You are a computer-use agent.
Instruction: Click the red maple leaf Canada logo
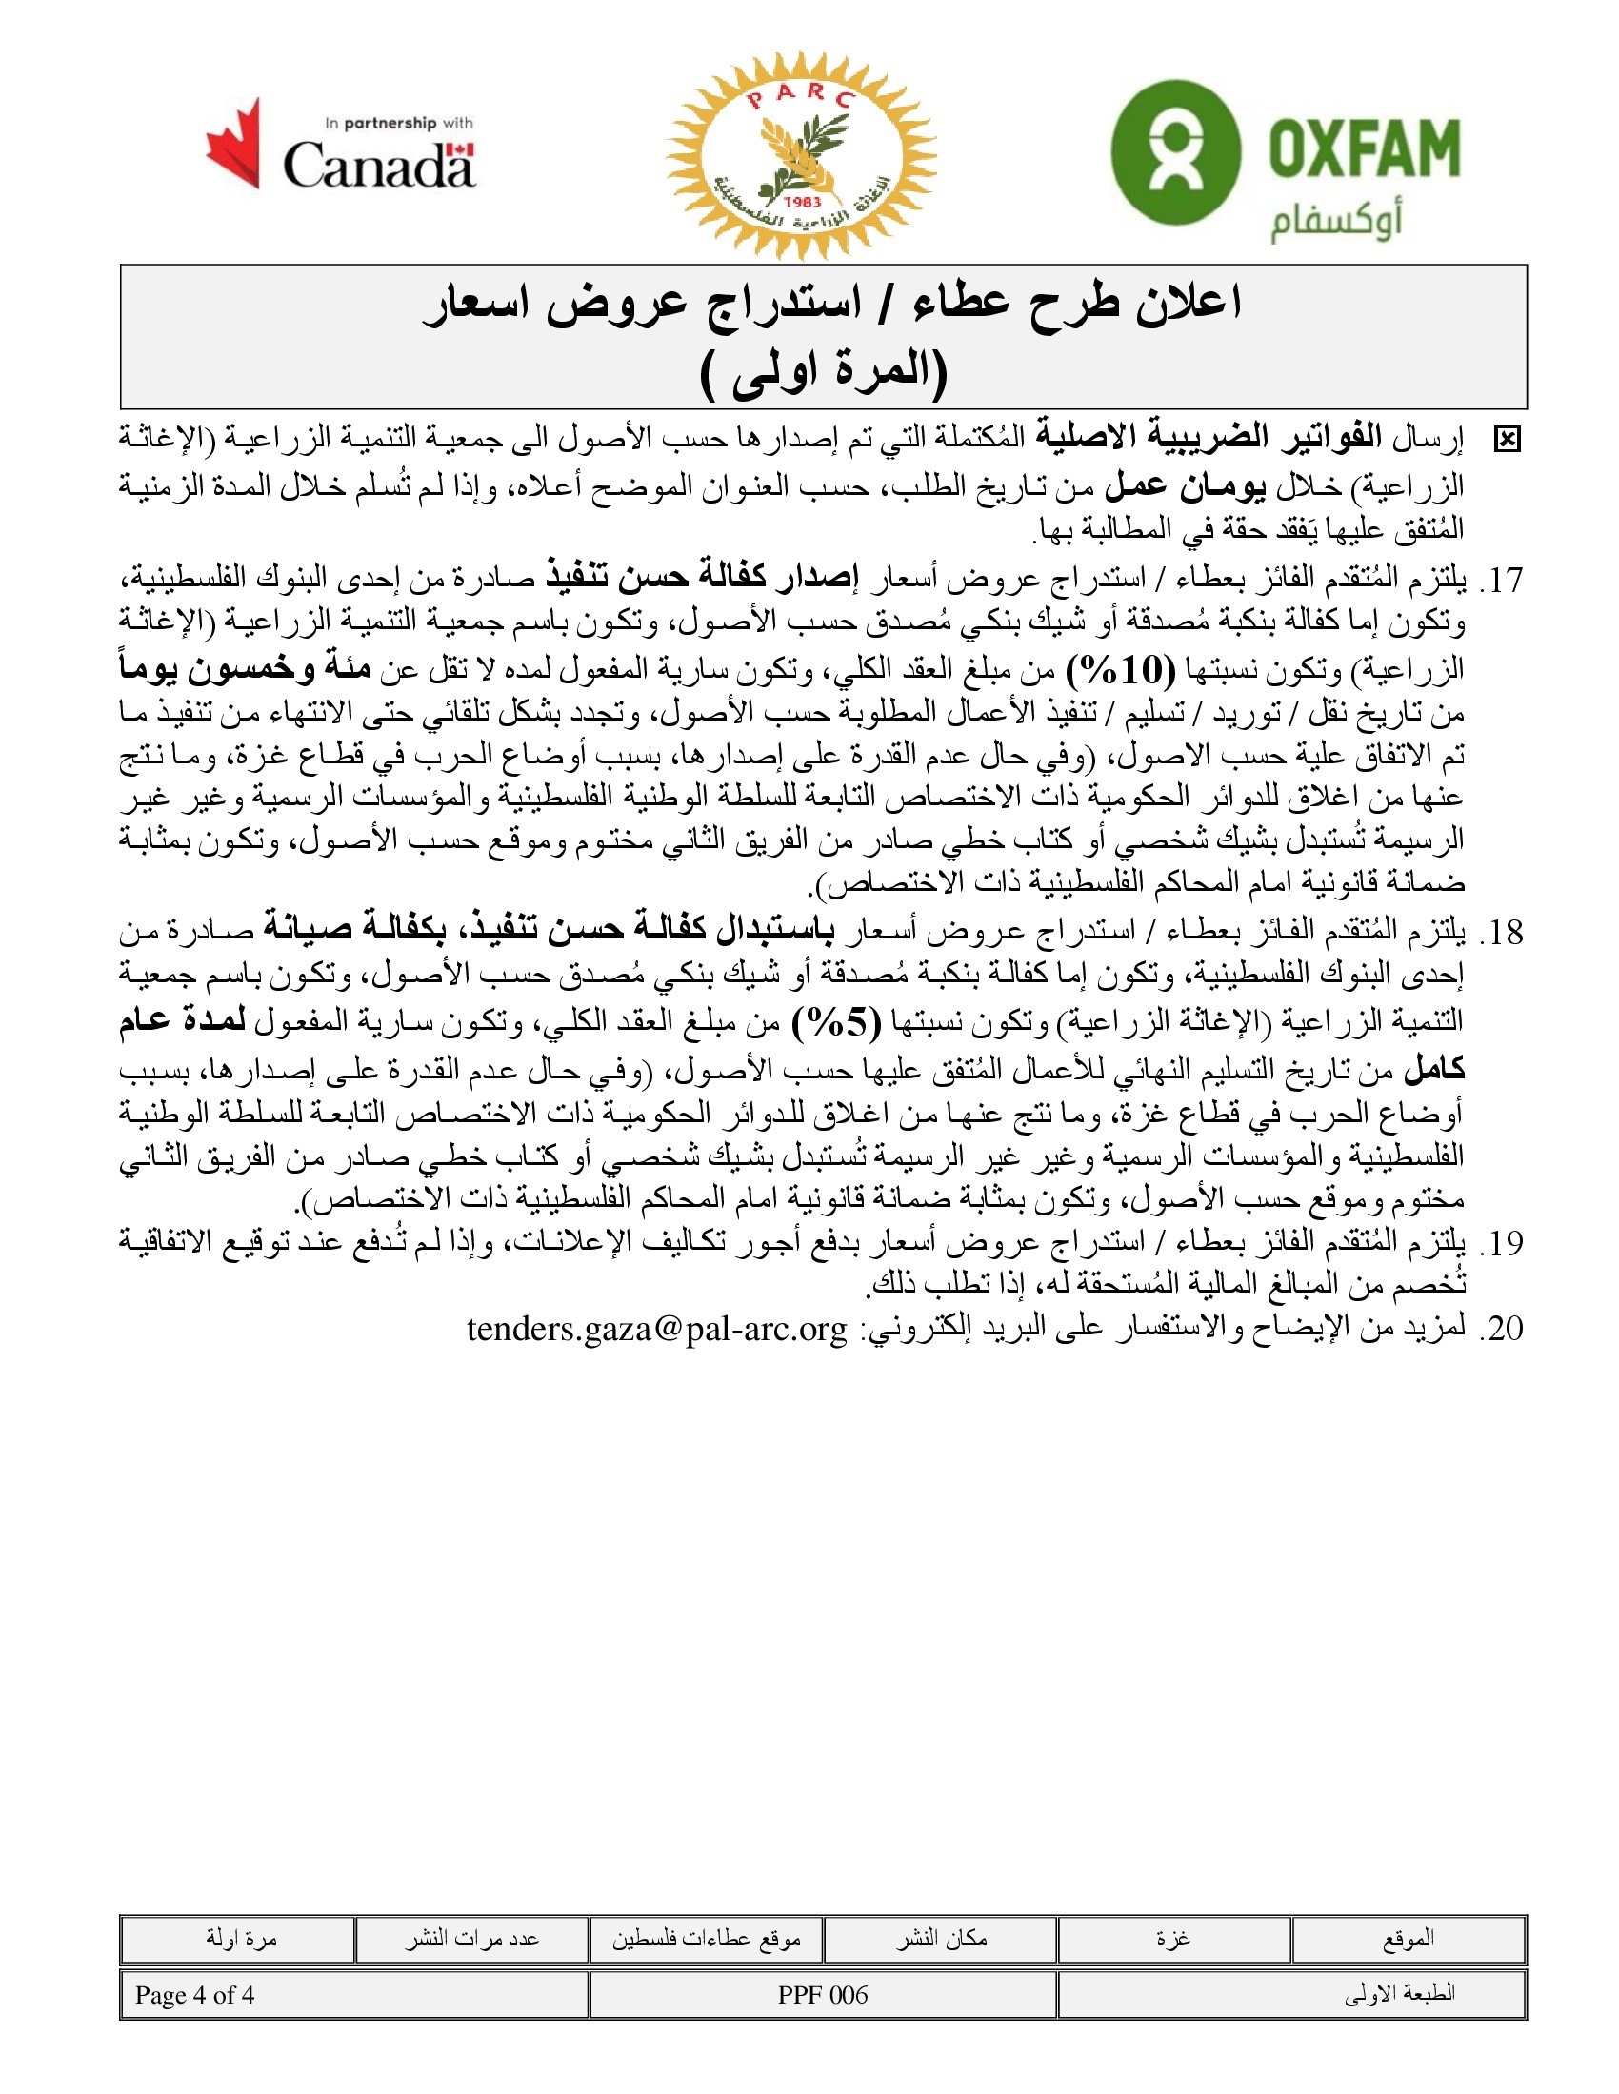coord(233,143)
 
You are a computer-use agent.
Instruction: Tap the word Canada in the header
coord(379,164)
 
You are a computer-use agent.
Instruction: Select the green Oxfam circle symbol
coord(1175,151)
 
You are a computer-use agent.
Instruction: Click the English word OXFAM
coord(1363,148)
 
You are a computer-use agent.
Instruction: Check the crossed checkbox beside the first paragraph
coord(1507,440)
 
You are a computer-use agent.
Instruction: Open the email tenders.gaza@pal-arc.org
coord(657,1329)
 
